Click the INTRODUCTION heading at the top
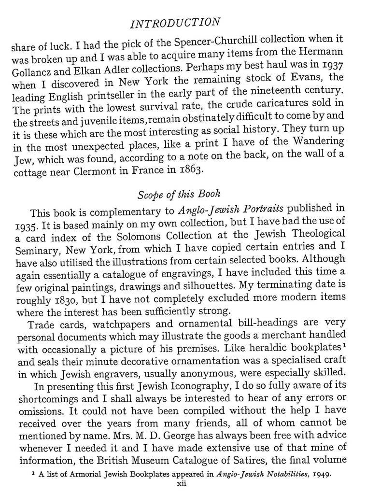[176, 23]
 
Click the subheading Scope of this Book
[179, 196]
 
